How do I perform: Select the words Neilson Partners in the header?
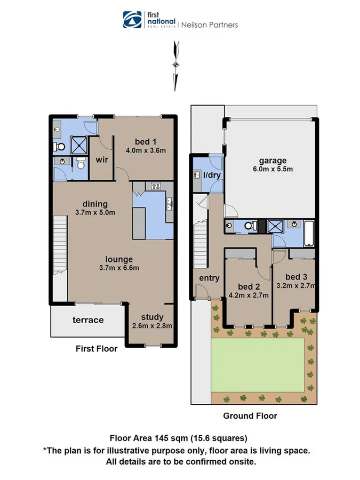click(210, 25)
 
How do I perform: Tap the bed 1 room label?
click(145, 141)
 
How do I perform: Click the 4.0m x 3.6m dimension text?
click(145, 150)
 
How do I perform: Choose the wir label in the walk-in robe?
click(102, 159)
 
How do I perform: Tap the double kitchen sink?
click(169, 203)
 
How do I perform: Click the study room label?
click(152, 317)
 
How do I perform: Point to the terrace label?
click(88, 320)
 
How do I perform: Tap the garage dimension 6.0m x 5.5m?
click(273, 170)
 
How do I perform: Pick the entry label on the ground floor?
click(209, 278)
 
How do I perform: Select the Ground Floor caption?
click(250, 415)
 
